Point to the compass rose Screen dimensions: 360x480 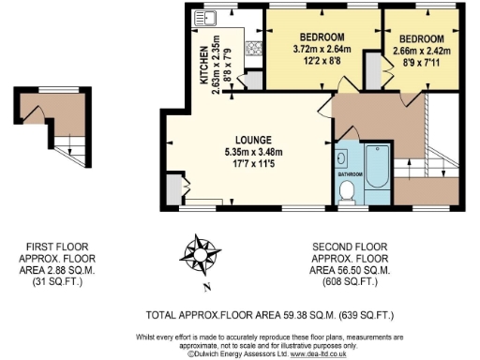[201, 253]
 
